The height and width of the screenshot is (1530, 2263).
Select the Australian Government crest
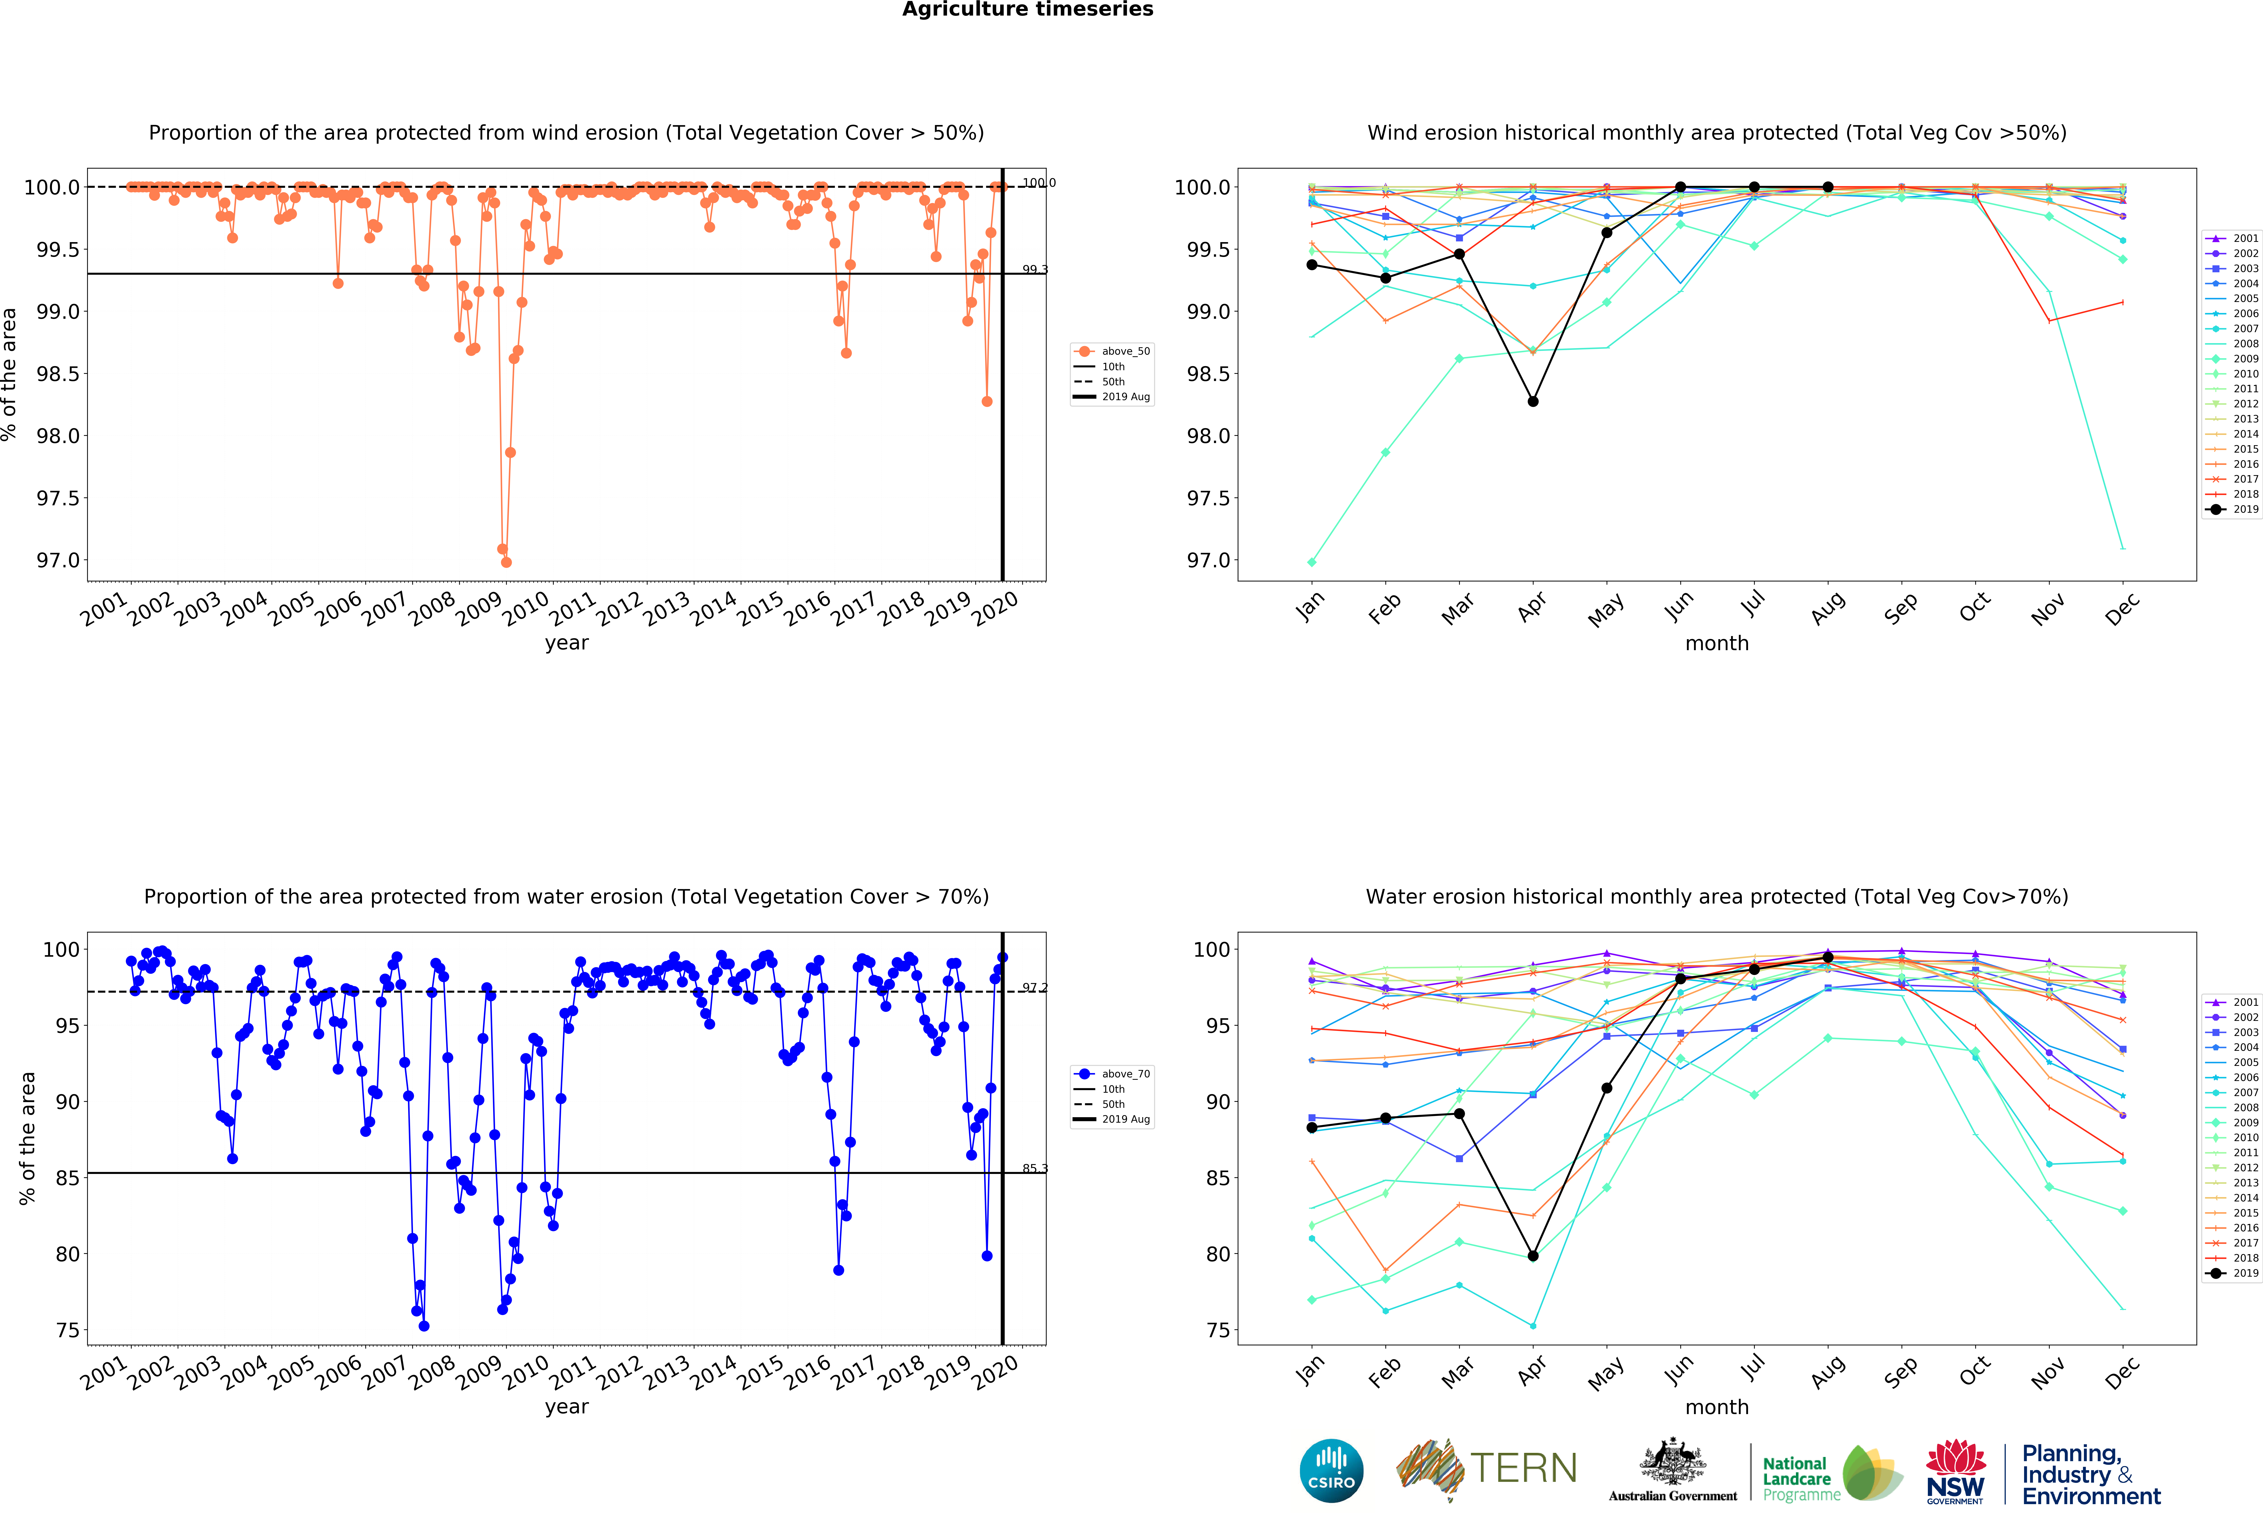(1672, 1461)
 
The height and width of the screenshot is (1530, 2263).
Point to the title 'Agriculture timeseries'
(1027, 10)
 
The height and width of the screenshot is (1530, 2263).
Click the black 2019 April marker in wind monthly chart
(1533, 401)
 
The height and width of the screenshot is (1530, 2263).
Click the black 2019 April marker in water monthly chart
(1533, 1255)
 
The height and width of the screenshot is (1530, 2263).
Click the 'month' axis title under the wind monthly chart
(1717, 644)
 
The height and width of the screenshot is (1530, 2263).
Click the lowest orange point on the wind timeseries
(505, 562)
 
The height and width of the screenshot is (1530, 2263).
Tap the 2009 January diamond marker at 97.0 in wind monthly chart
(1312, 562)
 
